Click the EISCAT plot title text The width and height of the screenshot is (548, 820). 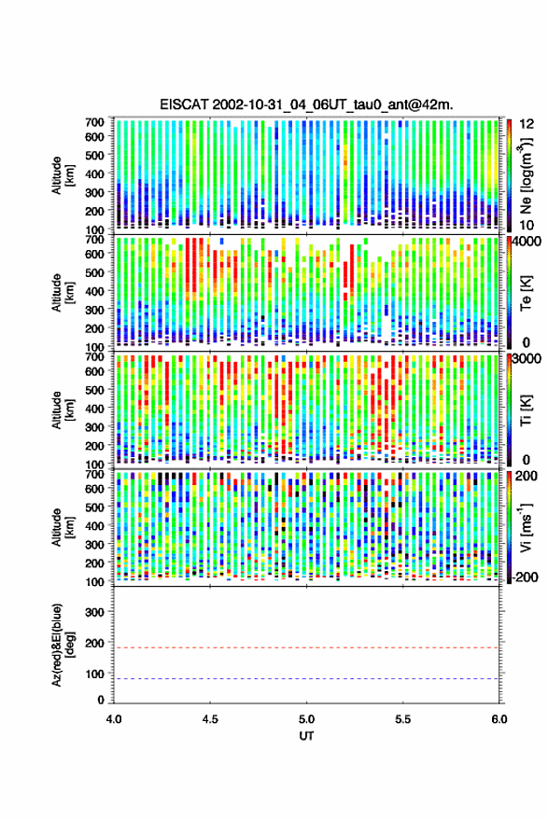pos(307,104)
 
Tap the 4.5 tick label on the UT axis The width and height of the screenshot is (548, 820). pos(210,719)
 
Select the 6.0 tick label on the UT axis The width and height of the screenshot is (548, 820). pos(499,719)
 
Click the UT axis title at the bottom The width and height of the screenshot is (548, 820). pos(307,736)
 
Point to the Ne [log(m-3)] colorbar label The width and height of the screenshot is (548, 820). pos(526,175)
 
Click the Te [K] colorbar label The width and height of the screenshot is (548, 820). pos(526,293)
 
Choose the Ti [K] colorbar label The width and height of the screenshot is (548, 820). pos(526,410)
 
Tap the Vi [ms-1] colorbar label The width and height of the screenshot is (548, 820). pos(526,527)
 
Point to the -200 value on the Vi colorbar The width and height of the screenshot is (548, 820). pos(525,577)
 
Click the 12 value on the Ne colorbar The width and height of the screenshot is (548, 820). pos(527,124)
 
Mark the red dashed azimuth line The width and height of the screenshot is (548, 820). pos(307,648)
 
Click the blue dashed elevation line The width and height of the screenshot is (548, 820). pos(307,679)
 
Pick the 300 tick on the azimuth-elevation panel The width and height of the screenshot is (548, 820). pos(94,612)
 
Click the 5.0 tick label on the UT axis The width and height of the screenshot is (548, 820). pos(307,719)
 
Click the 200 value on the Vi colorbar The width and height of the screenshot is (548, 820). pos(527,476)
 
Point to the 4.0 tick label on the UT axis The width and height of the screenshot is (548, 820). pos(114,719)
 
